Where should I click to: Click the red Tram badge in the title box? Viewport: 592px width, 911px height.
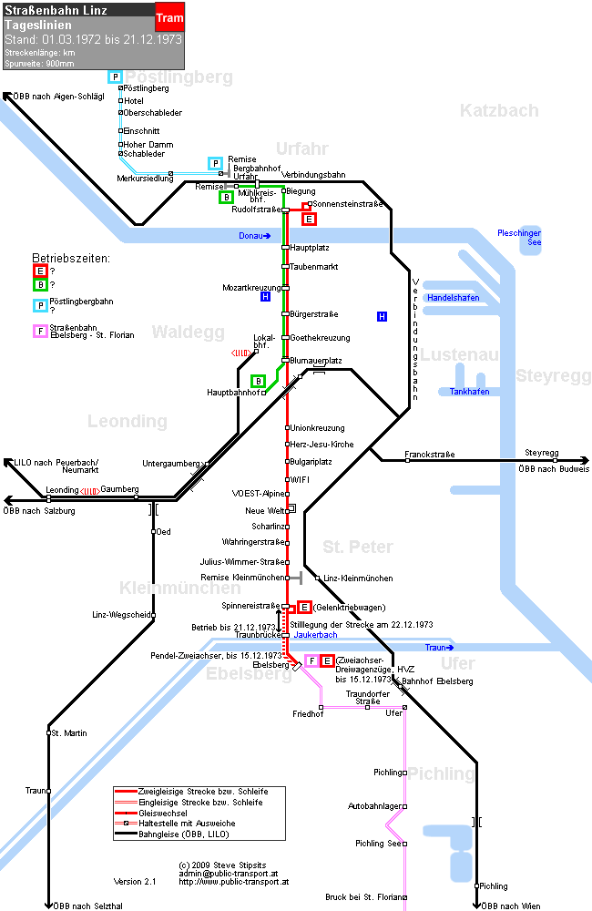[169, 16]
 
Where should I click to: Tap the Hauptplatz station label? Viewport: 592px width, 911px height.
[310, 248]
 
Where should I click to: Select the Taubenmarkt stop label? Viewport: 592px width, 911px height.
[313, 267]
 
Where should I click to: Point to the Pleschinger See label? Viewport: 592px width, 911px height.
[519, 238]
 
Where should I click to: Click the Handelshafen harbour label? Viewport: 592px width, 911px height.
[454, 298]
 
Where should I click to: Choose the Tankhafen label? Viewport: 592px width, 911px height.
[469, 392]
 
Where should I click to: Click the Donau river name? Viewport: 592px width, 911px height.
[254, 235]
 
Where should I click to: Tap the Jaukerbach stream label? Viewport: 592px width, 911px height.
[315, 635]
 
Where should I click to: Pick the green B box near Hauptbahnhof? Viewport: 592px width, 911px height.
[258, 381]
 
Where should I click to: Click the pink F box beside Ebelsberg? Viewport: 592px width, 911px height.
[312, 661]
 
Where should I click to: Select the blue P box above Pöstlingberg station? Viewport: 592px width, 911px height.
[115, 77]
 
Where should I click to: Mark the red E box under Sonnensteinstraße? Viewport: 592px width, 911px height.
[309, 219]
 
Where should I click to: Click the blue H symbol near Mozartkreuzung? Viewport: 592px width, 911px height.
[266, 297]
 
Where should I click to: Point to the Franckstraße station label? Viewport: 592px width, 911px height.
[430, 455]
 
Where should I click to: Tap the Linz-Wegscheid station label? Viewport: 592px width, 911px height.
[121, 615]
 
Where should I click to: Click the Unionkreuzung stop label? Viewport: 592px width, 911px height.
[317, 428]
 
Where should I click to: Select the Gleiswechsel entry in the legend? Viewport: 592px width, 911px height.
[163, 813]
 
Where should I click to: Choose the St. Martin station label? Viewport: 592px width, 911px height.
[69, 733]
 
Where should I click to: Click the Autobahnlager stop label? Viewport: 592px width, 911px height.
[374, 806]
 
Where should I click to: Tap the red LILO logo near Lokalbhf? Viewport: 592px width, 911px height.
[241, 353]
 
